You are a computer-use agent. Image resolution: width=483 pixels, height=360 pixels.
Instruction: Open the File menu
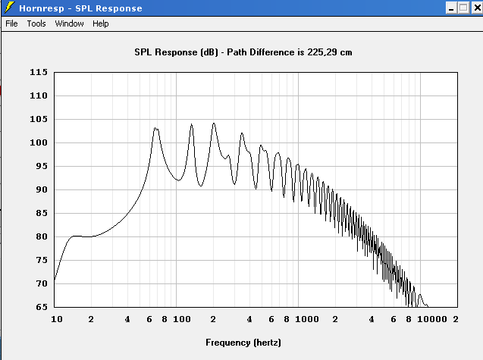click(x=11, y=23)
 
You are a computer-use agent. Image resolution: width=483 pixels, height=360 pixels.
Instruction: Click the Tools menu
click(x=36, y=23)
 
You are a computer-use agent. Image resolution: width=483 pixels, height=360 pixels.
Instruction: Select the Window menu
click(x=69, y=23)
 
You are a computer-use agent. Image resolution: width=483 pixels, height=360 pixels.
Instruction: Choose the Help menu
click(x=101, y=23)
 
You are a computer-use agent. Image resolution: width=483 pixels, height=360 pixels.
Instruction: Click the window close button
click(x=475, y=8)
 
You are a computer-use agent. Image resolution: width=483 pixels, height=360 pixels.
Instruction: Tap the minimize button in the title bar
click(x=450, y=8)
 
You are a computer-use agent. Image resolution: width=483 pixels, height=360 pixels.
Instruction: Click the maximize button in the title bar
click(x=463, y=8)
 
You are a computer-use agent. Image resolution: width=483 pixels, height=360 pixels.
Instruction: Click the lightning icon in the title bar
click(x=8, y=8)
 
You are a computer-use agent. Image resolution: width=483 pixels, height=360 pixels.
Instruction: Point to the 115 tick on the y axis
click(x=39, y=72)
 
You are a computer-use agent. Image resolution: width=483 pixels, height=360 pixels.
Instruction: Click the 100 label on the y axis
click(x=39, y=142)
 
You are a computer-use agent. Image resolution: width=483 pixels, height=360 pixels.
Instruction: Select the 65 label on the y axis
click(x=42, y=307)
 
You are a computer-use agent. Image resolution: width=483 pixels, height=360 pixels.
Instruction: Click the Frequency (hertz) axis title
click(x=243, y=343)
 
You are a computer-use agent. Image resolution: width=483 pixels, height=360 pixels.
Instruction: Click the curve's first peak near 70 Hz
click(x=155, y=128)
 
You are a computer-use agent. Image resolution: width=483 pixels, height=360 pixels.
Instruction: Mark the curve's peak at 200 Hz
click(x=214, y=123)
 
